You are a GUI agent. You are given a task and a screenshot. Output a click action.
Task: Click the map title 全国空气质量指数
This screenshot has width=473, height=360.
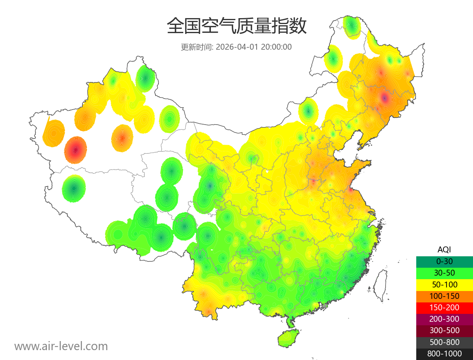[236, 26]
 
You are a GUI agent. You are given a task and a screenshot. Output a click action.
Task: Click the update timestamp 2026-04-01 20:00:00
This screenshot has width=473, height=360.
[236, 47]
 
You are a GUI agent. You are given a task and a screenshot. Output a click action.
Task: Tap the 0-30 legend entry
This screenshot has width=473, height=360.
[444, 261]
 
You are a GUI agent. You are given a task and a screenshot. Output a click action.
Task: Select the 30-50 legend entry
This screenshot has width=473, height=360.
[444, 273]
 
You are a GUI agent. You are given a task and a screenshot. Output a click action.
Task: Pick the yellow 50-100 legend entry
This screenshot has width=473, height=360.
[444, 284]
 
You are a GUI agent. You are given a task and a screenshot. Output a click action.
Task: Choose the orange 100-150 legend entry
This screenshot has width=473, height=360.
[444, 296]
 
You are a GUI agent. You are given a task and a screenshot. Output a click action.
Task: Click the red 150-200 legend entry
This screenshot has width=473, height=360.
[444, 308]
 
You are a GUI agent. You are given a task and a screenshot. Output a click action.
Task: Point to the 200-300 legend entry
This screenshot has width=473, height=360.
[444, 319]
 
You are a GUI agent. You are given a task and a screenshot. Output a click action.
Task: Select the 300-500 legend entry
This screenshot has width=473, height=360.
[444, 330]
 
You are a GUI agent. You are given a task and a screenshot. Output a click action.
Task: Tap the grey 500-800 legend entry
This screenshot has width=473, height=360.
[444, 342]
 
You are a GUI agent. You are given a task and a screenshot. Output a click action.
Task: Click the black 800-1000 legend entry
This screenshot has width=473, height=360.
[444, 354]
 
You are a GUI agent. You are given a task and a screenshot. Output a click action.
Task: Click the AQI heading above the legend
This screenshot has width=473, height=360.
[444, 250]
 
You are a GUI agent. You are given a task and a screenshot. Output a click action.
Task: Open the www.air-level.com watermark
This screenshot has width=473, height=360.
[61, 346]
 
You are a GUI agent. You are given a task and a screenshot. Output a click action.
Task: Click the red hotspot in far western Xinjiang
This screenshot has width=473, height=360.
[75, 150]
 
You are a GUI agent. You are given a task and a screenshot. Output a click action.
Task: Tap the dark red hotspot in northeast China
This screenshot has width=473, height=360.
[384, 97]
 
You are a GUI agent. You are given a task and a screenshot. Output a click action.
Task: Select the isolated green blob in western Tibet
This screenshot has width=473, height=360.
[74, 188]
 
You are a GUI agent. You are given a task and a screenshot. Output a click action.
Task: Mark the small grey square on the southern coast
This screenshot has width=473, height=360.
[325, 306]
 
